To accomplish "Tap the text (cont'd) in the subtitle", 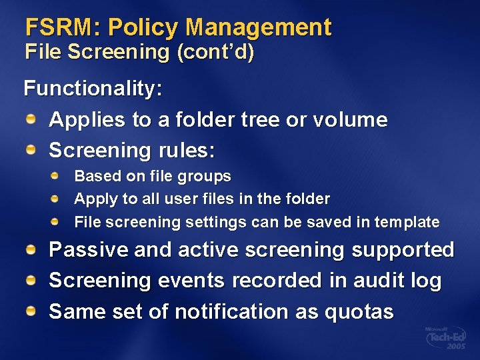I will [215, 52].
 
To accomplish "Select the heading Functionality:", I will [93, 89].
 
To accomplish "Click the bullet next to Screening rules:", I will [31, 150].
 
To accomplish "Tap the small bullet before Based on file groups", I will [57, 176].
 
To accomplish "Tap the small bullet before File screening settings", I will [57, 221].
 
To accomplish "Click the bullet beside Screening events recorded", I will [31, 280].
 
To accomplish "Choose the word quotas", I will [364, 312].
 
